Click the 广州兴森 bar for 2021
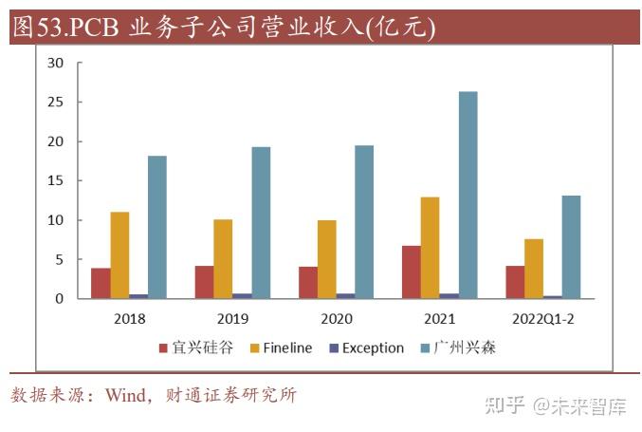click(x=468, y=195)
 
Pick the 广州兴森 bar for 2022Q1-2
click(x=571, y=247)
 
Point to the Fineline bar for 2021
click(x=430, y=247)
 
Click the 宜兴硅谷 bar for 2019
click(x=204, y=282)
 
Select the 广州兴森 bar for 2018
click(x=157, y=227)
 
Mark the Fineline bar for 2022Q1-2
click(x=533, y=269)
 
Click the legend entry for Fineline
click(x=281, y=347)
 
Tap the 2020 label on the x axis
click(x=338, y=318)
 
